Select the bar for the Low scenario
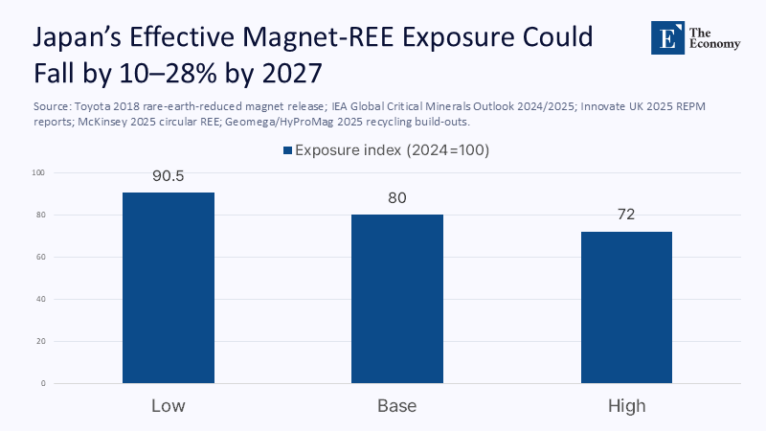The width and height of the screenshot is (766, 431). [x=168, y=287]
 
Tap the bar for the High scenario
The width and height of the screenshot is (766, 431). [x=626, y=306]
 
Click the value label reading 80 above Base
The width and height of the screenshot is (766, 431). [x=396, y=199]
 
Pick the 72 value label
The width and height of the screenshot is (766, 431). [x=626, y=215]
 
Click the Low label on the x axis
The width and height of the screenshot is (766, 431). [x=168, y=406]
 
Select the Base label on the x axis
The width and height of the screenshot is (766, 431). [x=396, y=406]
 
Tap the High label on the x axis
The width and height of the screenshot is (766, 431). [x=626, y=406]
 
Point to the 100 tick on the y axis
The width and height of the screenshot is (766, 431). [x=37, y=173]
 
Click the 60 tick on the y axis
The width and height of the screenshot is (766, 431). [x=39, y=258]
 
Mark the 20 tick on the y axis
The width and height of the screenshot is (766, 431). [x=39, y=342]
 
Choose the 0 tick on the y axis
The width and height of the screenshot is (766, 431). [x=42, y=384]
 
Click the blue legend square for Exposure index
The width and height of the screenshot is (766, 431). [x=286, y=150]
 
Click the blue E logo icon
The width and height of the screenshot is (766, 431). [x=664, y=37]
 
